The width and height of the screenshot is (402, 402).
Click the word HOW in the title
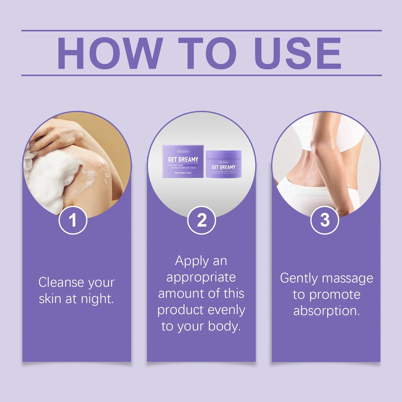pyautogui.click(x=110, y=53)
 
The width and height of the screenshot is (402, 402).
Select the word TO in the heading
pyautogui.click(x=207, y=53)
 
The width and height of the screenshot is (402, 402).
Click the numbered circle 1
pyautogui.click(x=73, y=220)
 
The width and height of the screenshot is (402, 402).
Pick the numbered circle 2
pyautogui.click(x=202, y=220)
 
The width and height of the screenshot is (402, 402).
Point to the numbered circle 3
pyautogui.click(x=325, y=220)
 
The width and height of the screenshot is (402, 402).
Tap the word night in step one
pyautogui.click(x=97, y=299)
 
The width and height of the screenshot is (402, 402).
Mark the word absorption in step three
pyautogui.click(x=326, y=311)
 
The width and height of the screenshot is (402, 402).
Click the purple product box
pyautogui.click(x=183, y=161)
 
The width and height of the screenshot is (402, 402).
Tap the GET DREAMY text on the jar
pyautogui.click(x=224, y=167)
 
